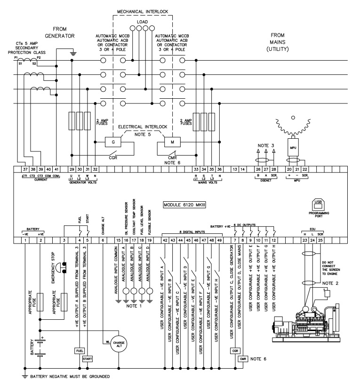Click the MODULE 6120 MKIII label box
[186, 205]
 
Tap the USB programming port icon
[316, 204]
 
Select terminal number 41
[57, 169]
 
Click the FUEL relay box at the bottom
[79, 351]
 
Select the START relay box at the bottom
[87, 359]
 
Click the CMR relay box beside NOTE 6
[243, 359]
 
